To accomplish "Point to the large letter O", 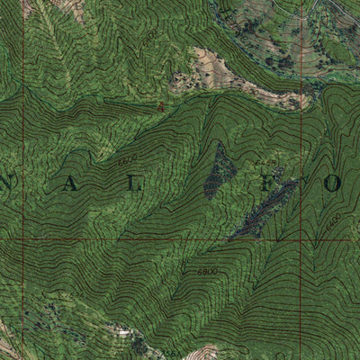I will pyautogui.click(x=333, y=184).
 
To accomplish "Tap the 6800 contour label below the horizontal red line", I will pyautogui.click(x=206, y=270).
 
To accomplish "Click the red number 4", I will pyautogui.click(x=160, y=107).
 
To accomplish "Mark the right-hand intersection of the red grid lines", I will pyautogui.click(x=301, y=239).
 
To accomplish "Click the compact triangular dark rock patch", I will pyautogui.click(x=219, y=171).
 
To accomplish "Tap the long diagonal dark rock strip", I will pyautogui.click(x=265, y=209).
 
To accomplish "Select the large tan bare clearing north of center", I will pyautogui.click(x=225, y=76).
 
